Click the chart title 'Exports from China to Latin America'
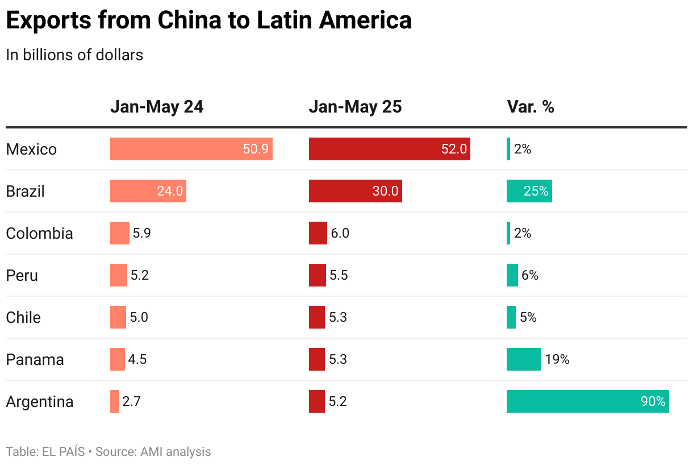pos(208,20)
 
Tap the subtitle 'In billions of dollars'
pos(74,55)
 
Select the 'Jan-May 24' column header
pos(156,107)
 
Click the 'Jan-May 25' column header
pos(355,107)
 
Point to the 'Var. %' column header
pos(530,107)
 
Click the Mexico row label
pos(31,150)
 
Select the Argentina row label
pos(40,402)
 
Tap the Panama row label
pos(35,360)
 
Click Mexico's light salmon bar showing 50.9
pos(191,149)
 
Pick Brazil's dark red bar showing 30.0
pos(355,191)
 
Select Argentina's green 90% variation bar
pos(587,401)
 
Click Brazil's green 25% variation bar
pos(529,191)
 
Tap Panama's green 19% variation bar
pos(523,359)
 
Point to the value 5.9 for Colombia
pos(142,233)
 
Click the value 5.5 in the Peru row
pos(339,276)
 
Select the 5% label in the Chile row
pos(528,317)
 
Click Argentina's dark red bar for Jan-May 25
pos(316,401)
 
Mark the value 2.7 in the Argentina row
pos(131,401)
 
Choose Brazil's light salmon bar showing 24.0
pos(148,191)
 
